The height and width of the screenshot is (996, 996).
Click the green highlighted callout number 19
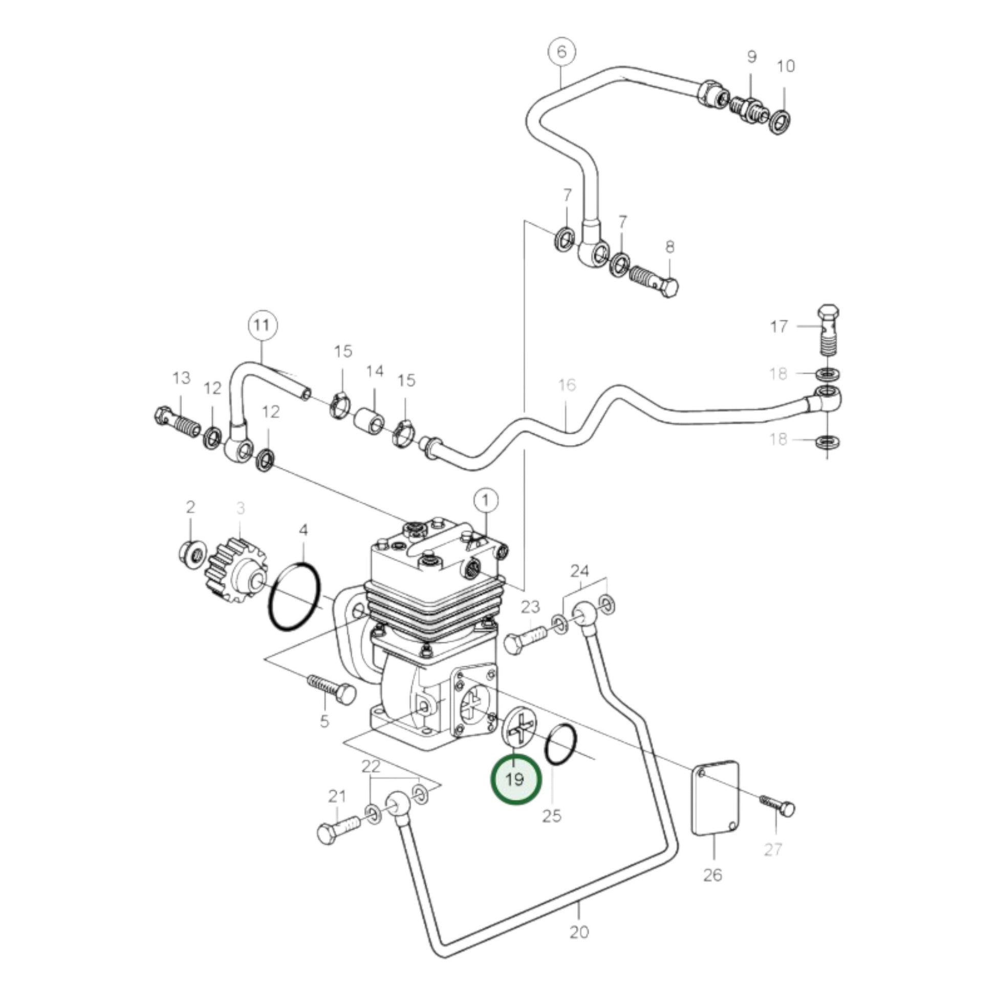click(515, 778)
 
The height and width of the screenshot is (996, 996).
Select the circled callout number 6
click(561, 52)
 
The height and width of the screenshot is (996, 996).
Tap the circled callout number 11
click(262, 326)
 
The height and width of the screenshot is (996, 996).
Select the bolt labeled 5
click(332, 689)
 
